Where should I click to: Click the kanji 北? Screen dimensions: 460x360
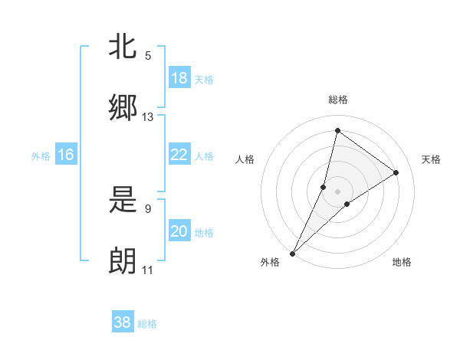[x=123, y=47]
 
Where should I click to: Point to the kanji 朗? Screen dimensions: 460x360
[x=123, y=261]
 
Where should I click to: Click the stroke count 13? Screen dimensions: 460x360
[x=148, y=117]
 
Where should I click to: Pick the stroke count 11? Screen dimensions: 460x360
[x=148, y=270]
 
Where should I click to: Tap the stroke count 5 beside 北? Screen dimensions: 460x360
[x=148, y=56]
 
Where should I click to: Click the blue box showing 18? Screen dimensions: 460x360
[x=179, y=78]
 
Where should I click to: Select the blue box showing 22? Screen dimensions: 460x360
[x=179, y=155]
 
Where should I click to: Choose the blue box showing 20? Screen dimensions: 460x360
[x=179, y=231]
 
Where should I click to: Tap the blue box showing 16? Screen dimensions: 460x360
[x=66, y=155]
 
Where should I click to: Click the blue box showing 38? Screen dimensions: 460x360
[x=123, y=322]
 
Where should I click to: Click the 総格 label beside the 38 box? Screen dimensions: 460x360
[x=147, y=324]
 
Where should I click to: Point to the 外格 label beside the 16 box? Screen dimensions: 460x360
[x=41, y=156]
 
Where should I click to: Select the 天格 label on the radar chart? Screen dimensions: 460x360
[x=431, y=159]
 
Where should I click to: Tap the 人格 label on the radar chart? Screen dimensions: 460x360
[x=245, y=159]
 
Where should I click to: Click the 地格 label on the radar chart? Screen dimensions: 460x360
[x=402, y=262]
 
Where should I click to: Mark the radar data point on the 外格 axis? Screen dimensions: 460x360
[x=292, y=254]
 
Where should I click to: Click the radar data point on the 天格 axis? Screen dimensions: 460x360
[x=396, y=173]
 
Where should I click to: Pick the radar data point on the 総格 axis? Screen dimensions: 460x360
[x=337, y=131]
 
